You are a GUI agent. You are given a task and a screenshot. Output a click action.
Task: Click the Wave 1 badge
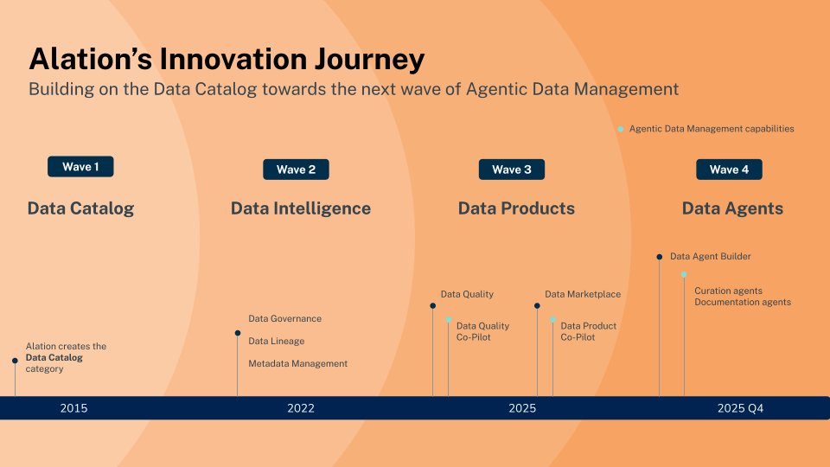[x=80, y=167]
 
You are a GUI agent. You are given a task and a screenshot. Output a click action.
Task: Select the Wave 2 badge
[x=296, y=170]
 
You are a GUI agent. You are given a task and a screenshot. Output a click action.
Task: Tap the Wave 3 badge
[x=512, y=170]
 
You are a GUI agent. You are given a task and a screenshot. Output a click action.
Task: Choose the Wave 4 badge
[x=729, y=170]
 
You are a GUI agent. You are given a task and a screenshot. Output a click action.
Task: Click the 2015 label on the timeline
[x=73, y=408]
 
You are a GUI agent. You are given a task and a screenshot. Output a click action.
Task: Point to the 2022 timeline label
[x=301, y=408]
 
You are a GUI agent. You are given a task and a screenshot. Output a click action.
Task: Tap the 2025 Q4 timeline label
[x=740, y=408]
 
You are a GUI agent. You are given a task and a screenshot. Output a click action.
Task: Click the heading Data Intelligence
[x=301, y=208]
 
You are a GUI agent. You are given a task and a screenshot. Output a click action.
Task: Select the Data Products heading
[x=516, y=208]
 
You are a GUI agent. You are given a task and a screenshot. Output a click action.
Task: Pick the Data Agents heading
[x=732, y=208]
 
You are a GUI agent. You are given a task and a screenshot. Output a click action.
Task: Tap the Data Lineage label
[x=277, y=342]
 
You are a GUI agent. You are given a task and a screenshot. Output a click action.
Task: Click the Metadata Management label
[x=298, y=364]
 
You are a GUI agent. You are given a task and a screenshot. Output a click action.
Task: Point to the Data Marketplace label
[x=583, y=294]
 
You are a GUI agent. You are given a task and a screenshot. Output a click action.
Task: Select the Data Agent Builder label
[x=711, y=257]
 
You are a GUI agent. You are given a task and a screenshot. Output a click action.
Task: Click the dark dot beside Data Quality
[x=432, y=305]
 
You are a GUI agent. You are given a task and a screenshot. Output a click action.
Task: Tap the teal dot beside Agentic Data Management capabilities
[x=621, y=129]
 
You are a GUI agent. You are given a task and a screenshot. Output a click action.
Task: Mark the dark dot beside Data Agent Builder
[x=660, y=257]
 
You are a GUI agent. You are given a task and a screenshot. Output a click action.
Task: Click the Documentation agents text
[x=743, y=303]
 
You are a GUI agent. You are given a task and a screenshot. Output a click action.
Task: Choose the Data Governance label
[x=284, y=319]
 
